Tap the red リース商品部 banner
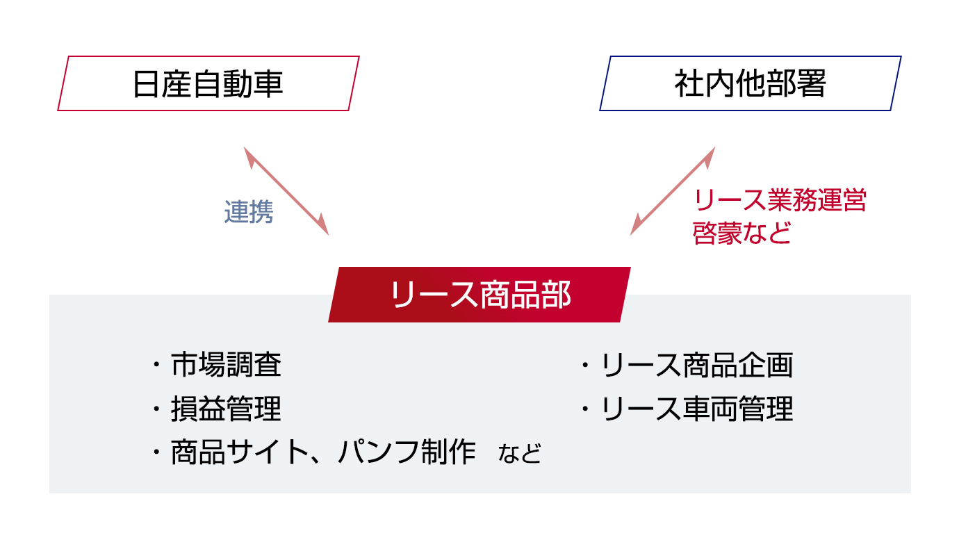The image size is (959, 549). [479, 295]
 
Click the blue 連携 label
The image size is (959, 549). [249, 211]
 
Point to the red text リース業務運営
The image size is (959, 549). [780, 200]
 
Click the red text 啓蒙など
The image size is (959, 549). [741, 233]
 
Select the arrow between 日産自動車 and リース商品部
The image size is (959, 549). [286, 191]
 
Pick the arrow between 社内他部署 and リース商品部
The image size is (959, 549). [673, 191]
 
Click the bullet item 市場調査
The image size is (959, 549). [226, 365]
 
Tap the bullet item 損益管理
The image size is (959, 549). [226, 409]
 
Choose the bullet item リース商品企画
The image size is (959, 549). [698, 365]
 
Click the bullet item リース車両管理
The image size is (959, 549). [698, 409]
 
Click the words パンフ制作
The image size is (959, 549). [407, 452]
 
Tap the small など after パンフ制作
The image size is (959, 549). [520, 454]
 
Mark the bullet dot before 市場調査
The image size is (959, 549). [156, 365]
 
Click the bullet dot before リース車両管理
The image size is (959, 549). [585, 409]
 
